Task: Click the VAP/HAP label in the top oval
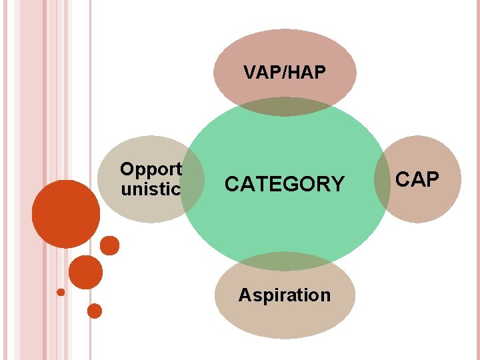(285, 73)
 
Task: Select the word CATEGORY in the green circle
(285, 184)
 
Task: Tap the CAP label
(417, 179)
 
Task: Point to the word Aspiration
(285, 295)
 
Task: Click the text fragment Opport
(151, 169)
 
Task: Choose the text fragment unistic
(151, 189)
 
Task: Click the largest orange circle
(65, 213)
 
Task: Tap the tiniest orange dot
(61, 292)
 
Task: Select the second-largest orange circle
(86, 272)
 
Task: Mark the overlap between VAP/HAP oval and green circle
(285, 107)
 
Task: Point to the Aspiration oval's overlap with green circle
(285, 261)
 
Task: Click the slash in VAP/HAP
(285, 73)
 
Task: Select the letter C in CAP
(403, 179)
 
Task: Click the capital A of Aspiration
(245, 295)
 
